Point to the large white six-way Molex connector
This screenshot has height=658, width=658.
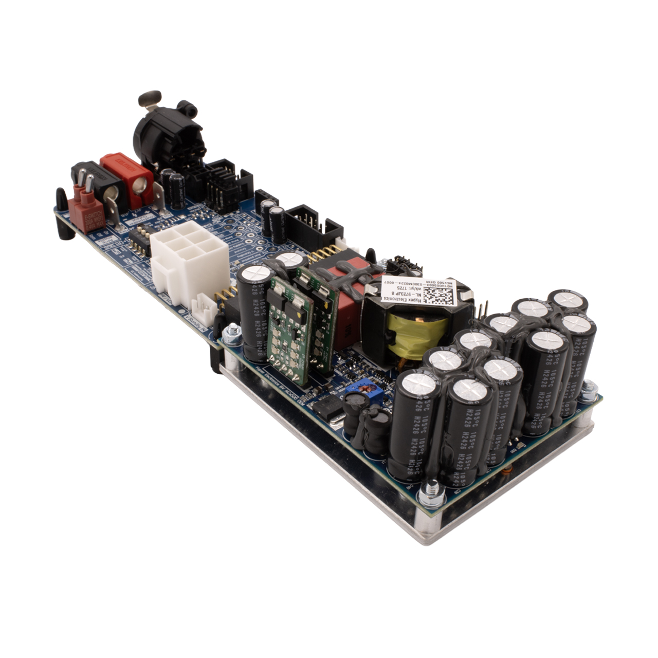pos(189,260)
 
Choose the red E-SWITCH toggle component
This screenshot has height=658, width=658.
pos(88,208)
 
